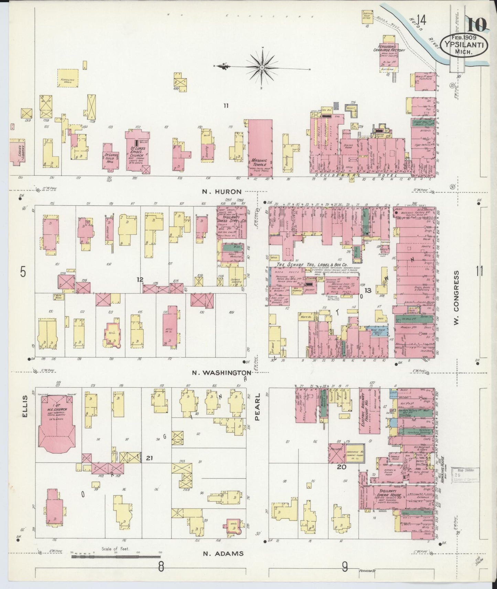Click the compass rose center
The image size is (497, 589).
tap(262, 67)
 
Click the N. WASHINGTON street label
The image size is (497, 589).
tap(222, 372)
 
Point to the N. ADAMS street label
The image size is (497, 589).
tap(223, 554)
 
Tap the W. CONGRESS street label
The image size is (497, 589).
tap(456, 298)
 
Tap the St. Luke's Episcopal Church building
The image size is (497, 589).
tap(137, 152)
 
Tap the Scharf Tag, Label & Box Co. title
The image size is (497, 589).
tap(312, 265)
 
